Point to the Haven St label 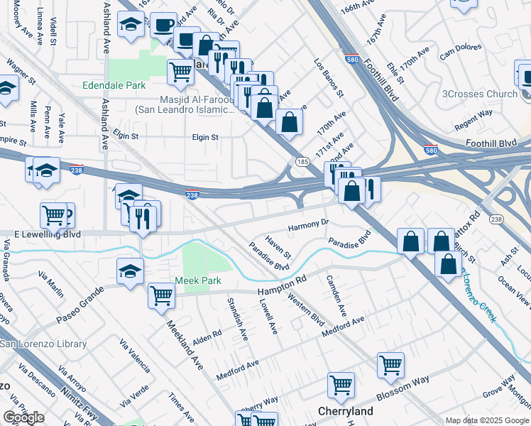(278, 245)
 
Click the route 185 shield (302, 163)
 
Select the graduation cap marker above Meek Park (131, 270)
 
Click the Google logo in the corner (23, 417)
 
